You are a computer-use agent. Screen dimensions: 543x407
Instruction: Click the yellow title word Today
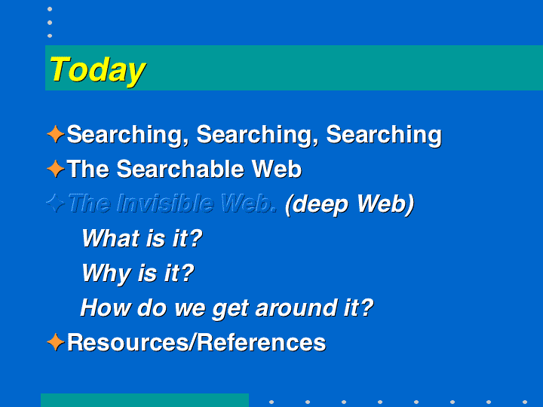(x=97, y=71)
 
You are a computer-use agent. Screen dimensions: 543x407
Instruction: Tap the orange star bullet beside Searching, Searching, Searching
(x=55, y=134)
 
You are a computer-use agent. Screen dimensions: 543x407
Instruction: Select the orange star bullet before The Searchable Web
(x=55, y=169)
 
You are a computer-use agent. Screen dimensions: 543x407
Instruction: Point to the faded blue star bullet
(x=55, y=203)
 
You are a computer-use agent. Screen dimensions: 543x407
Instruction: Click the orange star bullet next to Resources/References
(x=55, y=342)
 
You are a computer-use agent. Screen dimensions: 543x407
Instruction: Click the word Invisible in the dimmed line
(x=165, y=203)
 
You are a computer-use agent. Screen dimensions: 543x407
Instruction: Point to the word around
(x=296, y=308)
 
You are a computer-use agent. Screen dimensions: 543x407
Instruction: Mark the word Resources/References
(x=196, y=342)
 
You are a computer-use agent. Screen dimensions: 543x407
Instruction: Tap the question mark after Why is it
(x=187, y=273)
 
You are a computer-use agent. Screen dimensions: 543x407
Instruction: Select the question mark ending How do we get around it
(x=367, y=308)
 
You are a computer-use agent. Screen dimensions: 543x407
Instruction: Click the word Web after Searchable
(x=276, y=169)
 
